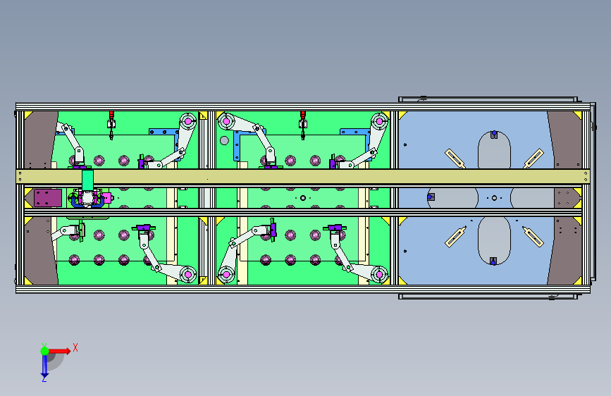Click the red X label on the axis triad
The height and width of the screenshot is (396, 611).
click(75, 347)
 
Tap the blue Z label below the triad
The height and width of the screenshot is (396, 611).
click(44, 378)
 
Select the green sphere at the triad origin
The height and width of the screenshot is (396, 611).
click(45, 351)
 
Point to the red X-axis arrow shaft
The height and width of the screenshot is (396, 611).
click(58, 351)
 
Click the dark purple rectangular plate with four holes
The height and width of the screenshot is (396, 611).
click(47, 198)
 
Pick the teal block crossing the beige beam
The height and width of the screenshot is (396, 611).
click(87, 180)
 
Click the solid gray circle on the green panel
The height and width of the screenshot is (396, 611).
click(224, 140)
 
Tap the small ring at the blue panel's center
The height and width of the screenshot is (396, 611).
click(494, 198)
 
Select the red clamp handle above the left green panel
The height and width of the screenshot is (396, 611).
click(111, 115)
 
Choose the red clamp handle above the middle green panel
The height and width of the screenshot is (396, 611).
click(303, 115)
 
